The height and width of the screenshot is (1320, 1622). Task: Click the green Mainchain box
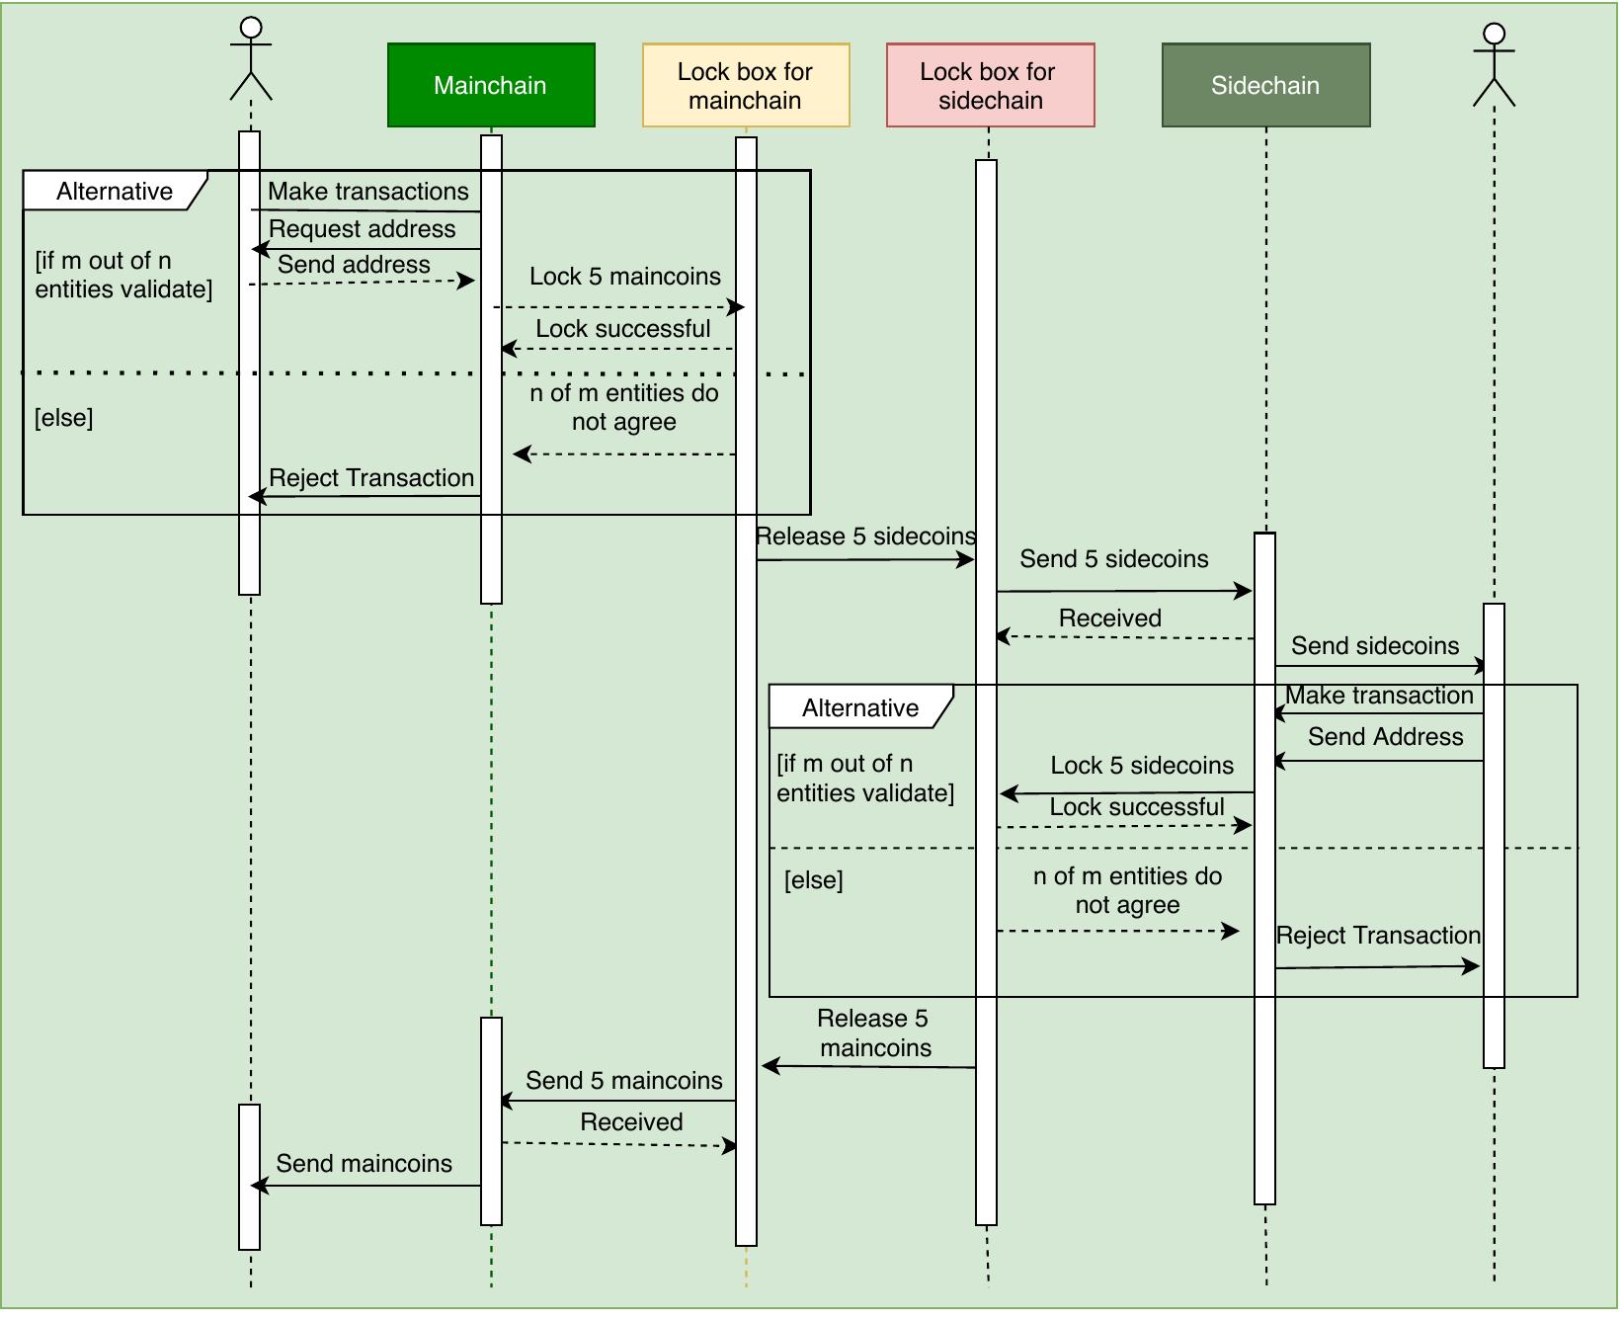pyautogui.click(x=491, y=85)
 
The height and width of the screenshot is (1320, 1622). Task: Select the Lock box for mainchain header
pyautogui.click(x=745, y=85)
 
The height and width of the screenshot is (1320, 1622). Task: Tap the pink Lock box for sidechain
pyautogui.click(x=989, y=85)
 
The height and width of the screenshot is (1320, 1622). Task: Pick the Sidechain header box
pyautogui.click(x=1265, y=85)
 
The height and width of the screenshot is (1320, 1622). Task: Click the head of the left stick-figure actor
pyautogui.click(x=251, y=28)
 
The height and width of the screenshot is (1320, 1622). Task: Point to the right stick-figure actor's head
pyautogui.click(x=1494, y=35)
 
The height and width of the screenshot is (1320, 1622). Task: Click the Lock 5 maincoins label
pyautogui.click(x=624, y=277)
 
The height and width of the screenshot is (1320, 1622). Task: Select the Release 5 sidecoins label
pyautogui.click(x=865, y=536)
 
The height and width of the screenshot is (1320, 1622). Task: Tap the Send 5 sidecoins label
pyautogui.click(x=1113, y=559)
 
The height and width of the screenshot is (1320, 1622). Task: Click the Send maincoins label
pyautogui.click(x=364, y=1164)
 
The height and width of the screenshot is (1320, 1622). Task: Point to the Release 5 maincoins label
pyautogui.click(x=874, y=1033)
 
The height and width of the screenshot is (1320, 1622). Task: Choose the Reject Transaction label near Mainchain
pyautogui.click(x=371, y=478)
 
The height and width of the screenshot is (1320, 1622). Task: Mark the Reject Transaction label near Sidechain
pyautogui.click(x=1378, y=936)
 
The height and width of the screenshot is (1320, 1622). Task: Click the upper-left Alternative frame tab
pyautogui.click(x=114, y=191)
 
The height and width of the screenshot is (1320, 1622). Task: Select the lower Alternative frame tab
pyautogui.click(x=859, y=707)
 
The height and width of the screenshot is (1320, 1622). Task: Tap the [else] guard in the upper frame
pyautogui.click(x=64, y=418)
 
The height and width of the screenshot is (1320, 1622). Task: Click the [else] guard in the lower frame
pyautogui.click(x=813, y=880)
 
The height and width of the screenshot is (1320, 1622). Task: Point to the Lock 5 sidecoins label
pyautogui.click(x=1142, y=766)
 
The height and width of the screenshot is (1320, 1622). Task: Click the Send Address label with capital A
pyautogui.click(x=1385, y=737)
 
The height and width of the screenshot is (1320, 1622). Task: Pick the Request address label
pyautogui.click(x=362, y=229)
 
